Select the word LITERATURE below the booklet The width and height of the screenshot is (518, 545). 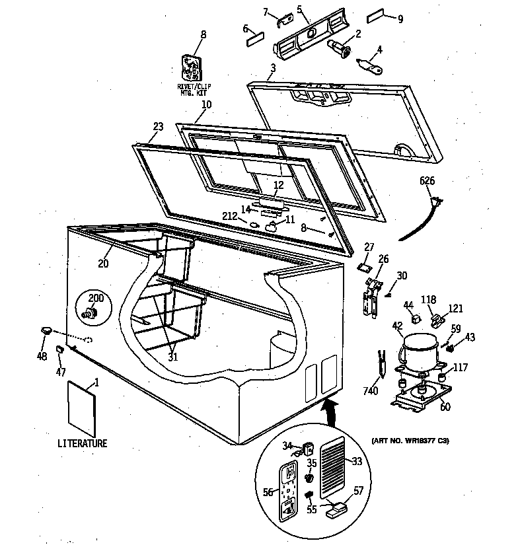[x=83, y=443]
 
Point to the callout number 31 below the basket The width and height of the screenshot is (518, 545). [x=173, y=357]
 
